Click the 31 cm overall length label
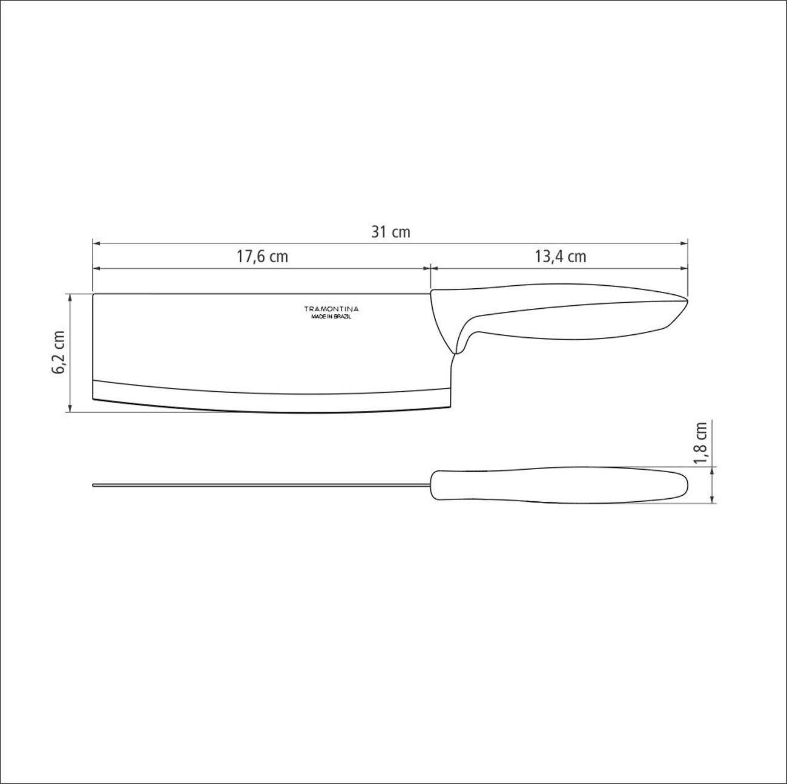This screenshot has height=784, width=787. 390,232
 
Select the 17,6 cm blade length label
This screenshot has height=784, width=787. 262,257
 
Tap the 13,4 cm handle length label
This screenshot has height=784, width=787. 561,257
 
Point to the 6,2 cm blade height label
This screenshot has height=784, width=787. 59,352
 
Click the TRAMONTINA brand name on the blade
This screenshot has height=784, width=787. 331,309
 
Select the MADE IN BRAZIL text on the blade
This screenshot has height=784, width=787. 331,317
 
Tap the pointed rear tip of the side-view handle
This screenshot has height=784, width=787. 688,301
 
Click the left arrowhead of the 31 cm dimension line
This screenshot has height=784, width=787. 97,243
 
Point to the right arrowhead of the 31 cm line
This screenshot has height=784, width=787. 683,243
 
